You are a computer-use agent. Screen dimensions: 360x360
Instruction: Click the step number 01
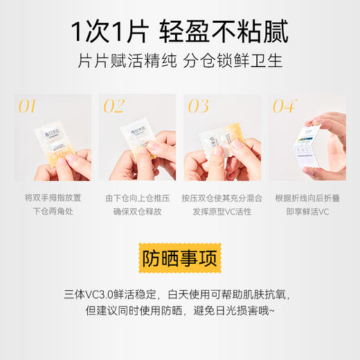point(26,106)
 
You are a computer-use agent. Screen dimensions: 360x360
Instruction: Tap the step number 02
point(113,106)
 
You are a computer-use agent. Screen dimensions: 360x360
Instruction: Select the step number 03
point(198,106)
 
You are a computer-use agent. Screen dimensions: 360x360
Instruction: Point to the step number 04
point(284,106)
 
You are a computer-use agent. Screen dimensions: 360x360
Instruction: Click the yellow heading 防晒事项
point(179,258)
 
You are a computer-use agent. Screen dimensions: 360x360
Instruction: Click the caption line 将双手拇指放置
point(53,197)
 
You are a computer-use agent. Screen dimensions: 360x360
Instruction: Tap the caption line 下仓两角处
point(53,210)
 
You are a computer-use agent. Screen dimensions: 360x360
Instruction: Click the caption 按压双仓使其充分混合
point(222,197)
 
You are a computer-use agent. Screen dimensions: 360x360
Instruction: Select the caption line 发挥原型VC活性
point(222,210)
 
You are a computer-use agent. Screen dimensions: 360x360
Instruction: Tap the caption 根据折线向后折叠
point(307,197)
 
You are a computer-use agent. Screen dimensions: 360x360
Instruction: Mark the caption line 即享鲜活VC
point(307,210)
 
